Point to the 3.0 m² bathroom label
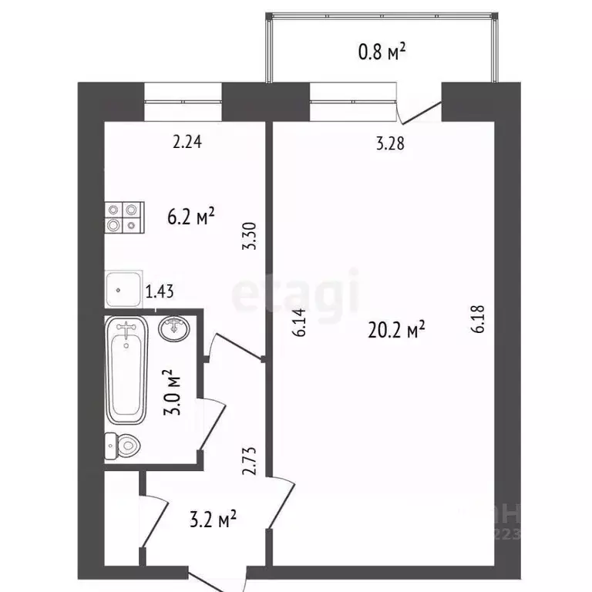pos(174,392)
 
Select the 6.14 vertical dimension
pos(301,322)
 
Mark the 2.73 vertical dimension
pos(247,460)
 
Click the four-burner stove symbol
pos(124,217)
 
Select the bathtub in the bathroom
pos(126,371)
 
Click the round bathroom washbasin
pos(176,328)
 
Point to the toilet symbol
pos(123,445)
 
